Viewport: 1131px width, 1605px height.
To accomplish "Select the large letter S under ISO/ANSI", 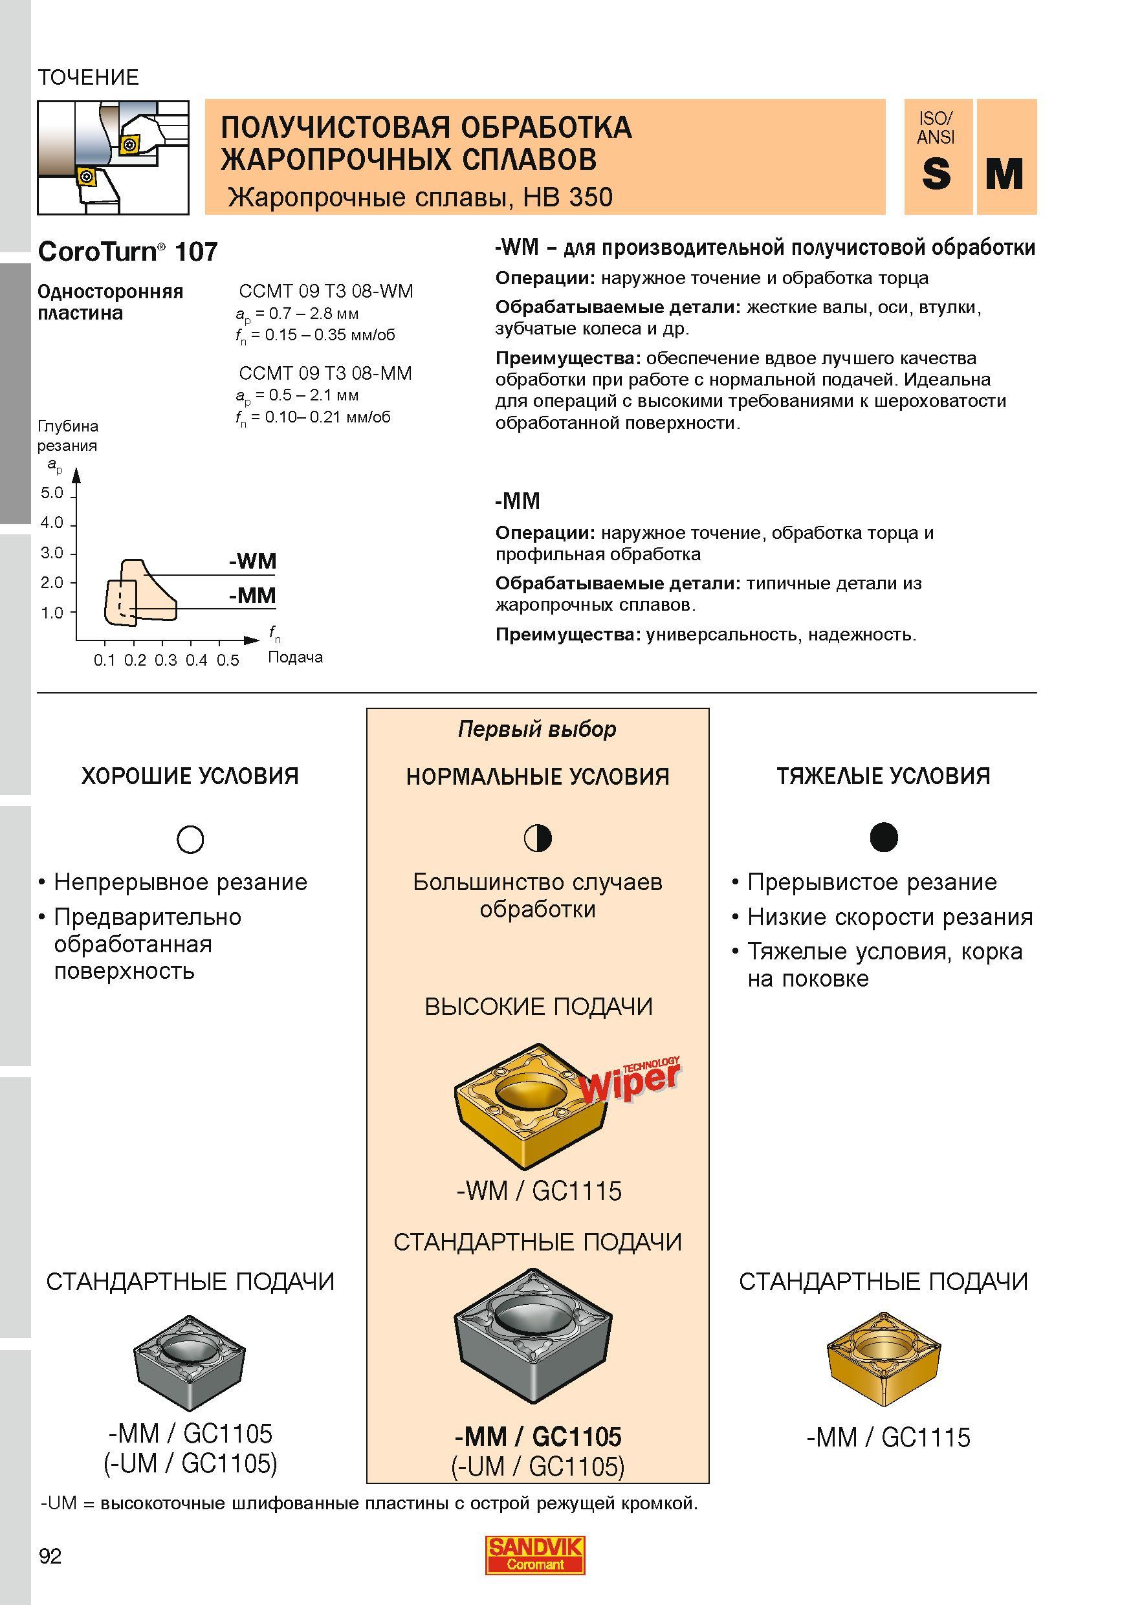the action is pyautogui.click(x=936, y=173).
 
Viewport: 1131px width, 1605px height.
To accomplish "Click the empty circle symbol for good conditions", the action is pyautogui.click(x=191, y=839).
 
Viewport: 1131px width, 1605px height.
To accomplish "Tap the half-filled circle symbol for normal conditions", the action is pyautogui.click(x=538, y=838).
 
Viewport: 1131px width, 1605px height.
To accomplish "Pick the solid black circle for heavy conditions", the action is pyautogui.click(x=884, y=836).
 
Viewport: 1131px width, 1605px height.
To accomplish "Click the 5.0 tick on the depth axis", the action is pyautogui.click(x=52, y=493).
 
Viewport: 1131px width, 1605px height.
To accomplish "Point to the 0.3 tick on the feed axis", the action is pyautogui.click(x=166, y=660).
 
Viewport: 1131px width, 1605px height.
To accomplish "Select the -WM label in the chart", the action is pyautogui.click(x=252, y=561).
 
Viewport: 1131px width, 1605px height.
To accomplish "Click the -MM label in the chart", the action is pyautogui.click(x=252, y=595).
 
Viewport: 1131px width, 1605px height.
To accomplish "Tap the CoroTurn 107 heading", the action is pyautogui.click(x=128, y=252).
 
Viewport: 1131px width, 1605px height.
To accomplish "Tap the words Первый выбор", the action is pyautogui.click(x=538, y=730).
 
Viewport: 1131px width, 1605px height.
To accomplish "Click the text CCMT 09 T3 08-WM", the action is pyautogui.click(x=325, y=291).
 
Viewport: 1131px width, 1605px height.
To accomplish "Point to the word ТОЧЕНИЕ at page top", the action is pyautogui.click(x=88, y=77).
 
